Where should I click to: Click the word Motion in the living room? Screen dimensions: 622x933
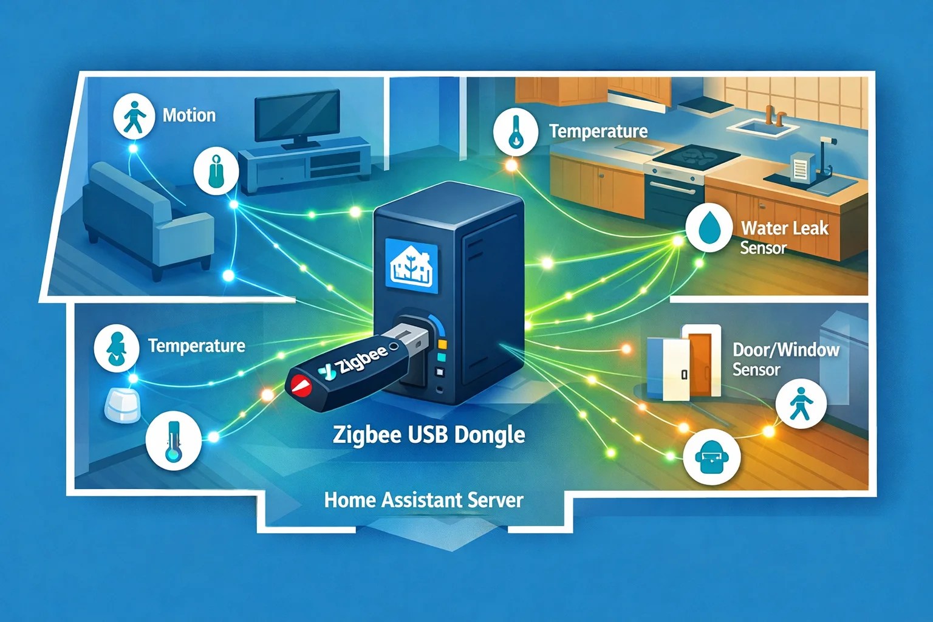189,115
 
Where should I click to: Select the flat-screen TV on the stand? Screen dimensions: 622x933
296,118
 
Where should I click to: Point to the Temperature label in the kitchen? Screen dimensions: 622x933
598,131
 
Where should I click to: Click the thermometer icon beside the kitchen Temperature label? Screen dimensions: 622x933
515,131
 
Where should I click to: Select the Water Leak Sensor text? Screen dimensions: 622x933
784,238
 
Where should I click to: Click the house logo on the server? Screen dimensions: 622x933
411,265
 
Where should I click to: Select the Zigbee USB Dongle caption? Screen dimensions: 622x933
429,435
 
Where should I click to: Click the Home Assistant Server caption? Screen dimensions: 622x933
423,500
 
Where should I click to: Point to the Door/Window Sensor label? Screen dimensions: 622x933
785,359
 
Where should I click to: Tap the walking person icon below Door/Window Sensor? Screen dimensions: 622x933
801,403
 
